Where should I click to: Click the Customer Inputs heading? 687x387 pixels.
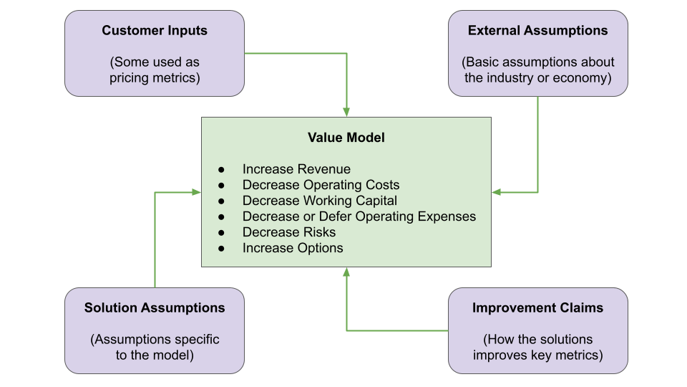pyautogui.click(x=155, y=30)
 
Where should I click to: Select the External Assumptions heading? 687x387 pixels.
pyautogui.click(x=537, y=30)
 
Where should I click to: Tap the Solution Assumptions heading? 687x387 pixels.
pyautogui.click(x=155, y=308)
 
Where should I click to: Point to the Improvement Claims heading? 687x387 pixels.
pyautogui.click(x=537, y=308)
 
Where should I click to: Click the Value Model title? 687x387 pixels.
pyautogui.click(x=346, y=138)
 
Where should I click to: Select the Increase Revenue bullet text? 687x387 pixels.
pyautogui.click(x=296, y=169)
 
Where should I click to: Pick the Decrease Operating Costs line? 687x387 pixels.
pyautogui.click(x=321, y=185)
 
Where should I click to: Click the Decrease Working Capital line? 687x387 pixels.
pyautogui.click(x=320, y=201)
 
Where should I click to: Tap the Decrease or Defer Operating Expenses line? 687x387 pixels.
pyautogui.click(x=359, y=216)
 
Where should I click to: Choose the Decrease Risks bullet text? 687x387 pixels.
pyautogui.click(x=288, y=232)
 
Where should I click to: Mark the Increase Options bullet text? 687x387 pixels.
pyautogui.click(x=293, y=248)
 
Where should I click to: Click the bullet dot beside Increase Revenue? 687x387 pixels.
pyautogui.click(x=222, y=170)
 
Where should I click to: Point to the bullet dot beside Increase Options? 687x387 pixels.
pyautogui.click(x=222, y=249)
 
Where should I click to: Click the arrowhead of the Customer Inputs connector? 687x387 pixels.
pyautogui.click(x=346, y=111)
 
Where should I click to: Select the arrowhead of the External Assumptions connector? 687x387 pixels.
pyautogui.click(x=497, y=192)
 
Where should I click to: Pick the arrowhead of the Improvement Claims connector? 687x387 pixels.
pyautogui.click(x=346, y=272)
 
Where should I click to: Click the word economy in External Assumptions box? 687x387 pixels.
pyautogui.click(x=584, y=78)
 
